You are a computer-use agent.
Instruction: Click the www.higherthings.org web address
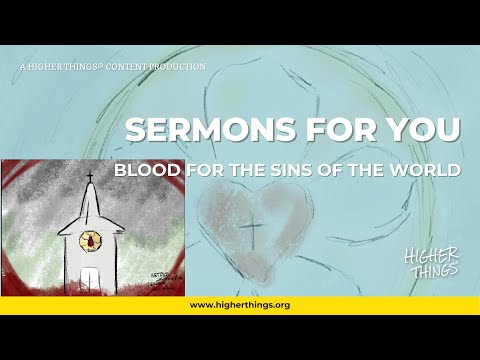pos(240,304)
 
